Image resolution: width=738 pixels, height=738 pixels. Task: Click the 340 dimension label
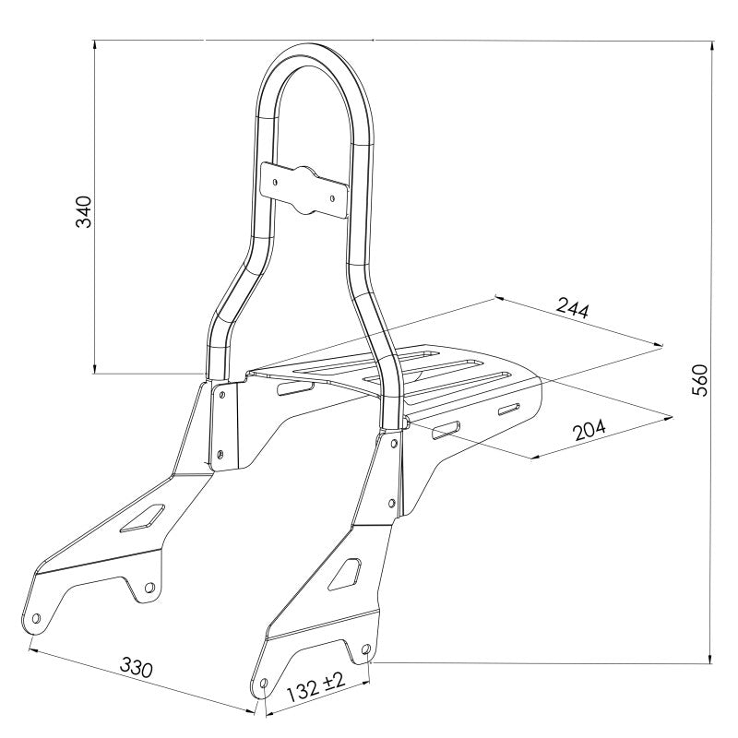pyautogui.click(x=83, y=211)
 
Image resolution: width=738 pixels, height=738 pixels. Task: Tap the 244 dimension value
pyautogui.click(x=572, y=310)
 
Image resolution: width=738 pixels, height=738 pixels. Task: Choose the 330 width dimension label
pyautogui.click(x=136, y=668)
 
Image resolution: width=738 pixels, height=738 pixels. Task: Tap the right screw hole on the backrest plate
pyautogui.click(x=332, y=196)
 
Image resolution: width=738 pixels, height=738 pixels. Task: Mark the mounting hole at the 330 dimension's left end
pyautogui.click(x=36, y=619)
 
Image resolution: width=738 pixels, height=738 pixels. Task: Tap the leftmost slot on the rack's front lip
pyautogui.click(x=294, y=391)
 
